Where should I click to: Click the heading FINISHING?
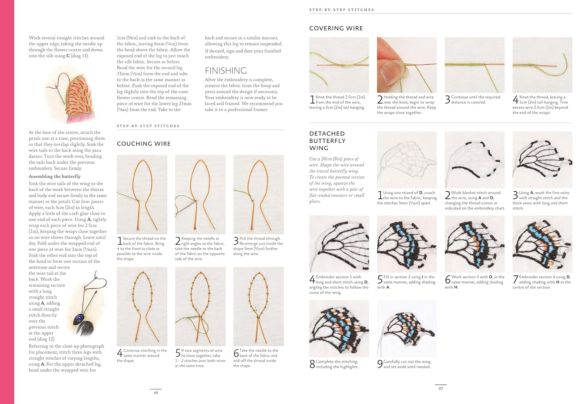pyautogui.click(x=225, y=71)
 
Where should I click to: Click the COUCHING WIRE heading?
pyautogui.click(x=144, y=144)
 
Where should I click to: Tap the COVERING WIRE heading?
pyautogui.click(x=336, y=28)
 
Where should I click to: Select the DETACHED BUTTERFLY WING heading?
pyautogui.click(x=327, y=141)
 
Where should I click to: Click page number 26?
pyautogui.click(x=156, y=392)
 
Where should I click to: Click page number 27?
pyautogui.click(x=440, y=388)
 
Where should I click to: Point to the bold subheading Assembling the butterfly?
pyautogui.click(x=55, y=176)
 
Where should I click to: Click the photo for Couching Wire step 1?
pyautogui.click(x=142, y=194)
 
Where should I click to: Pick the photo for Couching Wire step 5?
pyautogui.click(x=200, y=306)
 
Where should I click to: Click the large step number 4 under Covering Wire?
pyautogui.click(x=515, y=99)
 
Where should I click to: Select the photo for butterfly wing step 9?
pyautogui.click(x=407, y=329)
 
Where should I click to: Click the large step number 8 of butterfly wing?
pyautogui.click(x=312, y=364)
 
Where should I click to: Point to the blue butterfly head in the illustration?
pyautogui.click(x=80, y=318)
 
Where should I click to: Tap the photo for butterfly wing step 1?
pyautogui.click(x=407, y=159)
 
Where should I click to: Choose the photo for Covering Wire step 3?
pyautogui.click(x=474, y=65)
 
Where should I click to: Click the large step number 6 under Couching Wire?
pyautogui.click(x=236, y=353)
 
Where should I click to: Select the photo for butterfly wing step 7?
pyautogui.click(x=542, y=244)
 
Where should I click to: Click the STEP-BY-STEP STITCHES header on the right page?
pyautogui.click(x=341, y=10)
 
